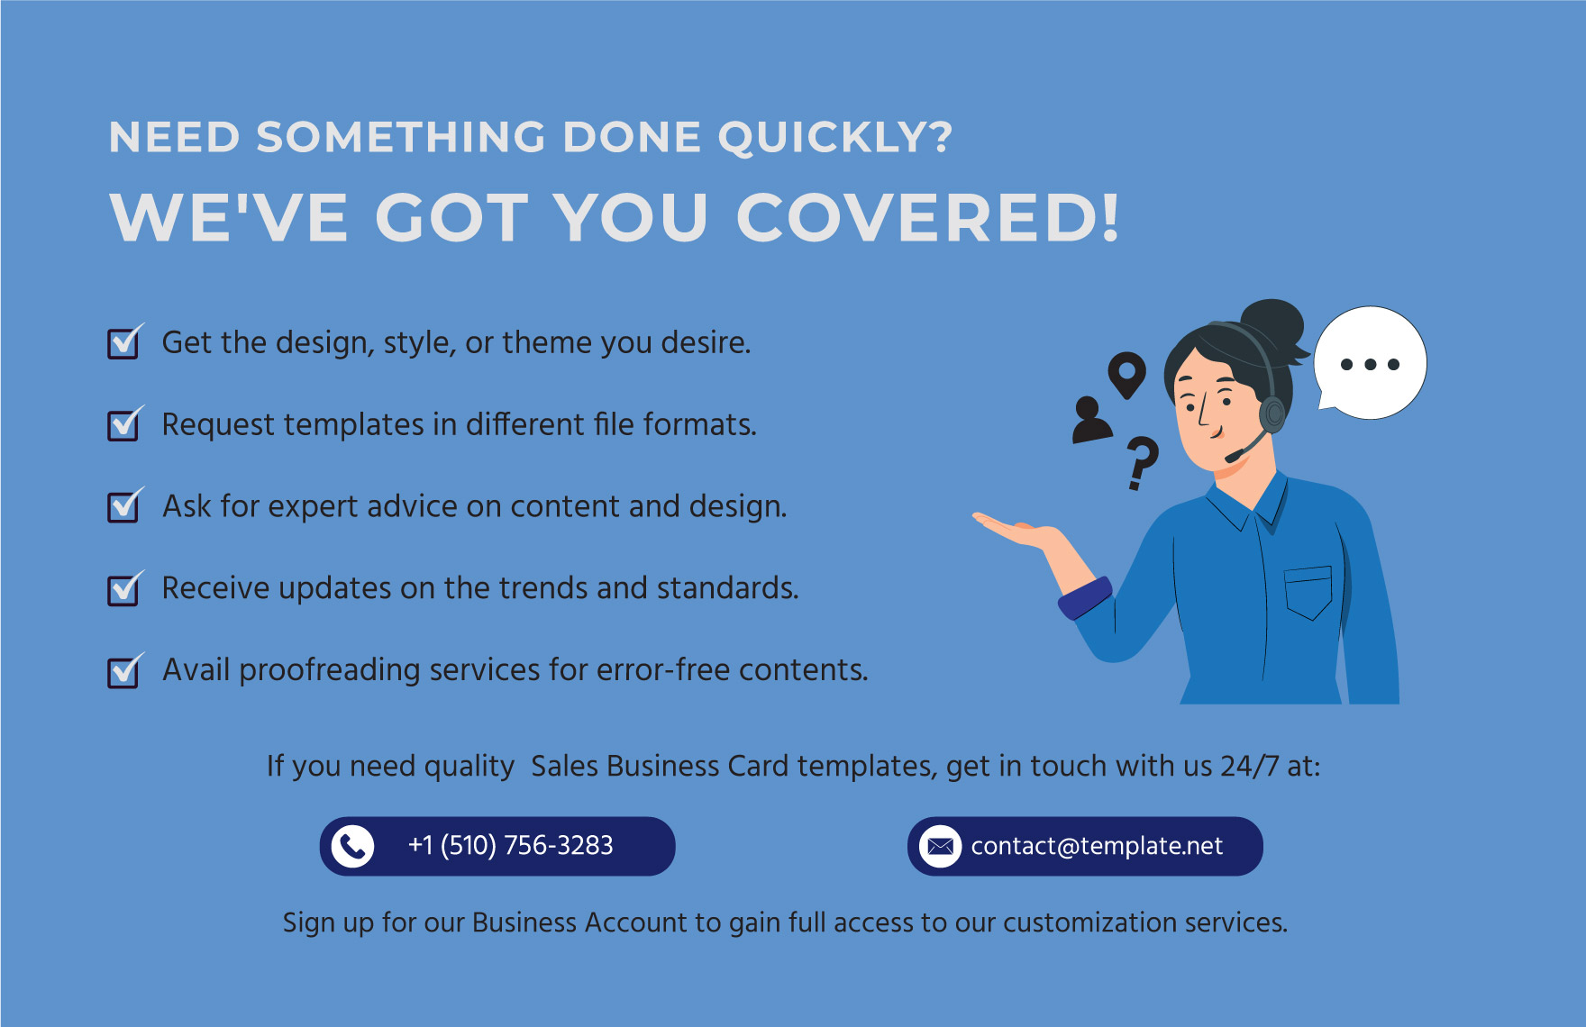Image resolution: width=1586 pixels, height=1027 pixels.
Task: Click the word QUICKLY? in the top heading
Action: coord(834,139)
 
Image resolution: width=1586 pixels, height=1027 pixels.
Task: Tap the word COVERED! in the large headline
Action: coord(928,218)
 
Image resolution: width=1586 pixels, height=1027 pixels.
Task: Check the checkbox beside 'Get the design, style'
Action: coord(123,343)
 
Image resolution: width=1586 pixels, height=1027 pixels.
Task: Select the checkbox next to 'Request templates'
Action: coord(123,425)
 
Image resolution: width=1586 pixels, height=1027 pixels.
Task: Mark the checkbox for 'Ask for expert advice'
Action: coord(123,507)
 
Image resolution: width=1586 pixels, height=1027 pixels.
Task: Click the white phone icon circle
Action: coord(352,846)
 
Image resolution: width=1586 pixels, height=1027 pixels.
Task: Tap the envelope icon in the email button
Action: coord(940,846)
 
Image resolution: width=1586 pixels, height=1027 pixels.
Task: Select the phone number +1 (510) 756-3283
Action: coord(510,846)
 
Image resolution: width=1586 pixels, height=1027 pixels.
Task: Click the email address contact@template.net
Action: coord(1097,846)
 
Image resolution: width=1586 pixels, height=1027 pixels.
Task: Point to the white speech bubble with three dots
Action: coord(1370,363)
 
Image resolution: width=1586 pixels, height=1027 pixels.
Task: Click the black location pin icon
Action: coord(1126,373)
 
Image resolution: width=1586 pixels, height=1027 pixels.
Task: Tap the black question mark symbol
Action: coord(1142,461)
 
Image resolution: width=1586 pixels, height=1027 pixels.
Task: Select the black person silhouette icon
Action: coord(1091,420)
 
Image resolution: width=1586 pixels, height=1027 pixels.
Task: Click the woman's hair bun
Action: coord(1272,323)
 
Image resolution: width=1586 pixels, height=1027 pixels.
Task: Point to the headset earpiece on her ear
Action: coord(1272,414)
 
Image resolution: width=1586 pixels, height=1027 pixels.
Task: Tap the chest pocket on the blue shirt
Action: coord(1308,592)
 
